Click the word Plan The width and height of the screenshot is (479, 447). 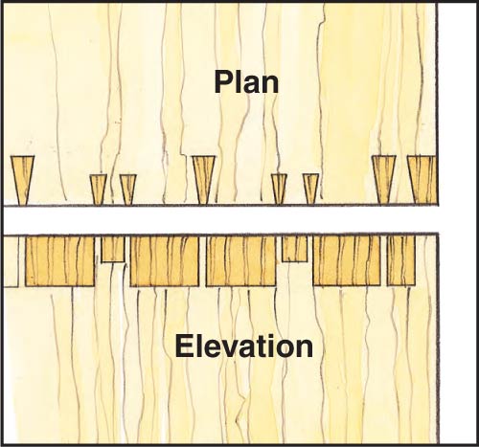[x=246, y=82]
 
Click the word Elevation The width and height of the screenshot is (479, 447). [x=244, y=346]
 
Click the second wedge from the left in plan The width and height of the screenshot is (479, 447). [x=98, y=189]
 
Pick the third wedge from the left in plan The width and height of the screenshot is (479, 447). [x=128, y=189]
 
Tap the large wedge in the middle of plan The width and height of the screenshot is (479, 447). [x=203, y=180]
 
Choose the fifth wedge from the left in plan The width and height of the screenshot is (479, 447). [x=279, y=189]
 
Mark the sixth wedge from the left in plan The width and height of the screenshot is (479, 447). [x=310, y=189]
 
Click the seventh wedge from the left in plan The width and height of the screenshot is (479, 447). [x=384, y=180]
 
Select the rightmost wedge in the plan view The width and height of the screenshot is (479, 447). [x=422, y=180]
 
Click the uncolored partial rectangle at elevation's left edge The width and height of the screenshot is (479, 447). [x=11, y=261]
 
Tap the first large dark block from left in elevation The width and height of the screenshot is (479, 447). [x=59, y=261]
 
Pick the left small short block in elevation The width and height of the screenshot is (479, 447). [x=113, y=249]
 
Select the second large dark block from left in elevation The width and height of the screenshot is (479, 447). [x=165, y=261]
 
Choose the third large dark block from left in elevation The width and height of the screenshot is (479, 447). [x=240, y=261]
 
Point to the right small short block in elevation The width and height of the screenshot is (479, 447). [x=294, y=249]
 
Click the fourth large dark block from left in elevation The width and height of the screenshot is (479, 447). [x=347, y=261]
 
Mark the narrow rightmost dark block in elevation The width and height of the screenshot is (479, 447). [x=401, y=260]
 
